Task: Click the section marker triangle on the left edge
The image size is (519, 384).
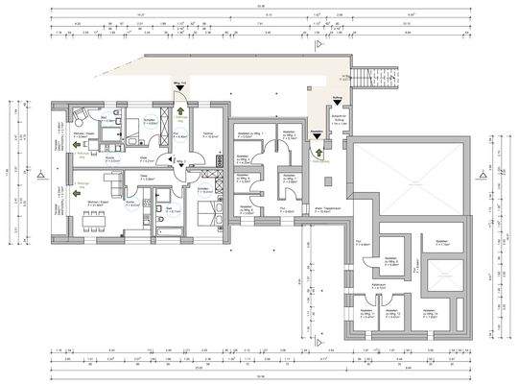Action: click(x=40, y=177)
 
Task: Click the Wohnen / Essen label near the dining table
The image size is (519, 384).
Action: click(x=94, y=203)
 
